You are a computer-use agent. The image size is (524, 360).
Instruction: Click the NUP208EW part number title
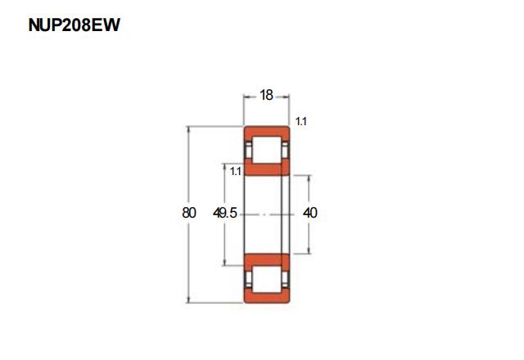pos(74,25)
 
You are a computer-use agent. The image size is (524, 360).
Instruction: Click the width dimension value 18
pos(266,96)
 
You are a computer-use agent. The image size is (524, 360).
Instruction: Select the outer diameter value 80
pos(189,213)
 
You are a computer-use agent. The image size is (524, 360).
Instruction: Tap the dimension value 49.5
pos(225,213)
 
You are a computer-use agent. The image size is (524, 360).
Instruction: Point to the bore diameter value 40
pos(309,213)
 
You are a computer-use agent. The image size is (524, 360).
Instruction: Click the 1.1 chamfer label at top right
pos(300,122)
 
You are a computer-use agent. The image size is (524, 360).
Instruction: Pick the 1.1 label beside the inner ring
pos(235,172)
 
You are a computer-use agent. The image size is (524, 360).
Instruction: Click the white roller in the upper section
pos(266,150)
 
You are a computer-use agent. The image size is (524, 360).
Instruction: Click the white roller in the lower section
pos(266,280)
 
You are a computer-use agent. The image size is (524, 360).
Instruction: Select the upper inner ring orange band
pos(266,169)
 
